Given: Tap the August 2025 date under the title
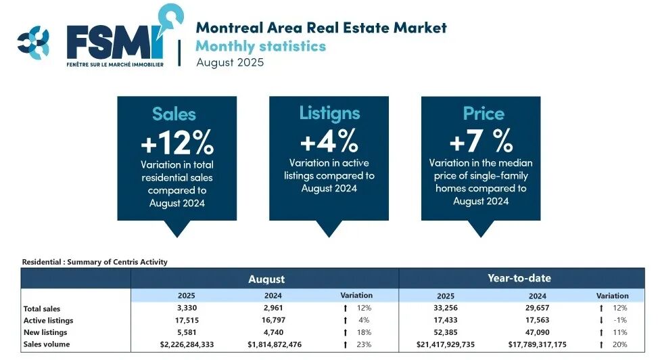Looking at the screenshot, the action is [230, 62].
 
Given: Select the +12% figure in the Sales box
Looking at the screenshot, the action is [177, 142].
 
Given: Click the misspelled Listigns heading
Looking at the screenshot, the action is [329, 114].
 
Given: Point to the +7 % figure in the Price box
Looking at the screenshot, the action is [481, 141].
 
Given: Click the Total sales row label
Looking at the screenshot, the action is [41, 309].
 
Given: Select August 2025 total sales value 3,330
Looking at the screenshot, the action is [187, 308].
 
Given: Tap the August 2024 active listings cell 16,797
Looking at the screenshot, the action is [274, 320].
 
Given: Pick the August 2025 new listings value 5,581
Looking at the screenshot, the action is [187, 332].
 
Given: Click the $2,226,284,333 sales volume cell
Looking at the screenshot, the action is [187, 344].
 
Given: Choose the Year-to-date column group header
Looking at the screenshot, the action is [519, 278].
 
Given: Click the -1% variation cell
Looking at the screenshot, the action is [620, 320].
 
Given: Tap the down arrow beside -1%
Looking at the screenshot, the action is [601, 320].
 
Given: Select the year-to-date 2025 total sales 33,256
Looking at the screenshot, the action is [446, 308].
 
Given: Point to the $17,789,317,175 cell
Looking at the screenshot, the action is [537, 344].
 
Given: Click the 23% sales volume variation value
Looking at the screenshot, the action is [365, 344].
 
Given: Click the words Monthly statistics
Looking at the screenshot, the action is [260, 46].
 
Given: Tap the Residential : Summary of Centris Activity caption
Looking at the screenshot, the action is [95, 262].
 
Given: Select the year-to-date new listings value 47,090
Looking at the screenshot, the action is [537, 332].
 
